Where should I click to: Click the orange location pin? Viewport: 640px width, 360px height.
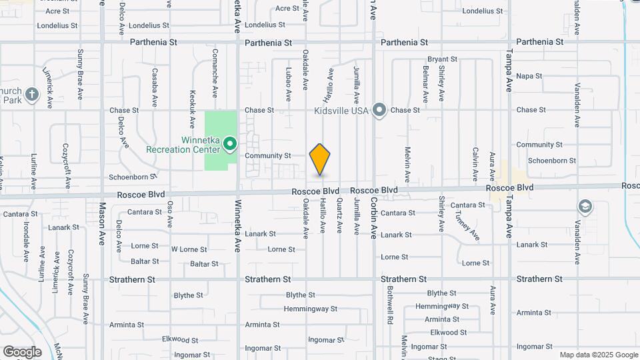(320, 159)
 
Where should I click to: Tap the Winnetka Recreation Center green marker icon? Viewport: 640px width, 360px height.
(230, 143)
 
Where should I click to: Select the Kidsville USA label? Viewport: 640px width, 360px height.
(342, 110)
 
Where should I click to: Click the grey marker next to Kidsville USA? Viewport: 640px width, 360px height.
(379, 110)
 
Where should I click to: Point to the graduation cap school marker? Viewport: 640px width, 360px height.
(585, 207)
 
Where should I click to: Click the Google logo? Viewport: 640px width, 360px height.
(22, 352)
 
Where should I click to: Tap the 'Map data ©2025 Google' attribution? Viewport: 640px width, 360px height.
(599, 355)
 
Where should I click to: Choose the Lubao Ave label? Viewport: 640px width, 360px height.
(289, 84)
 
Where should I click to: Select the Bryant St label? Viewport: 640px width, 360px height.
(442, 59)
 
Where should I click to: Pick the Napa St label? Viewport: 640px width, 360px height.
(529, 76)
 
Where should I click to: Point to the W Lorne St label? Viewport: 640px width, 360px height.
(189, 249)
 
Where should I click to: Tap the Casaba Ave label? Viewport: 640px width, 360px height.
(154, 87)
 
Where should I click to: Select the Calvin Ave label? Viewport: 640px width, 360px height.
(475, 164)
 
